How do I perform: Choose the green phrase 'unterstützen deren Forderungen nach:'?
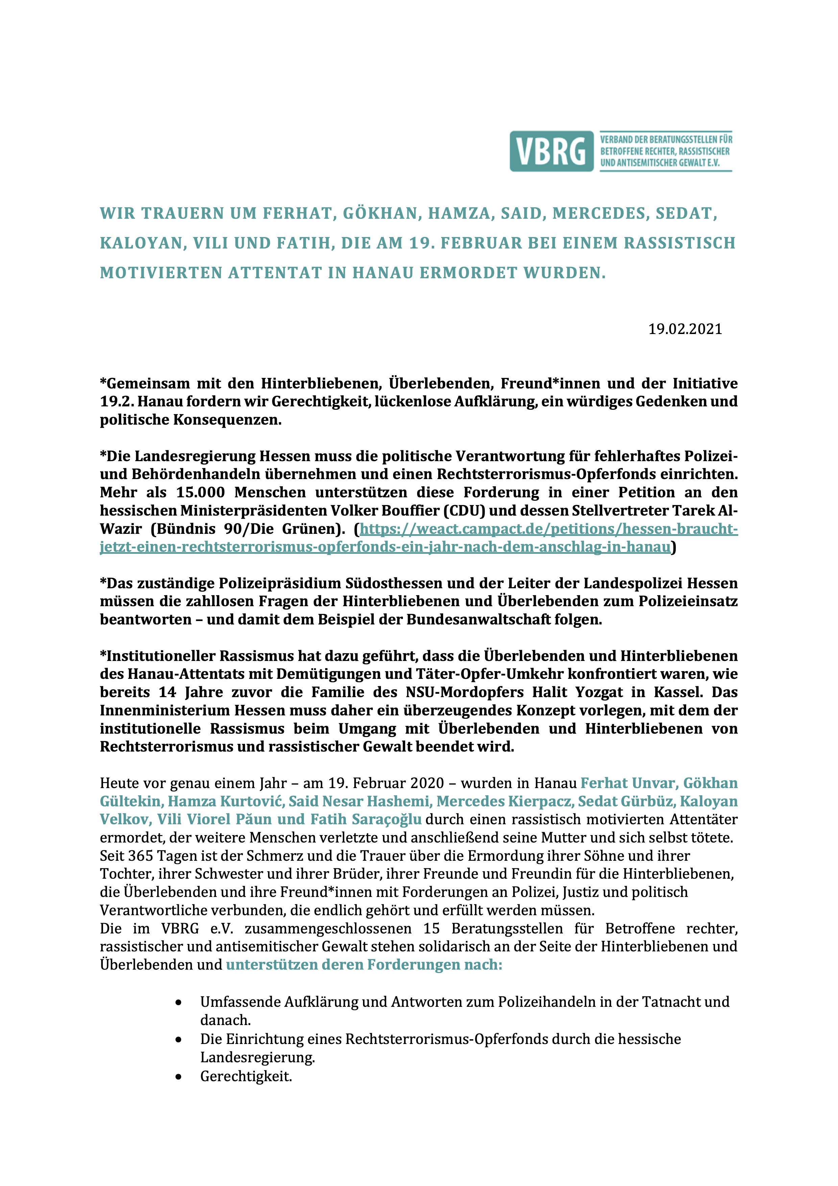[364, 965]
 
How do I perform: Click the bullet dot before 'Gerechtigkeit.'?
[178, 1077]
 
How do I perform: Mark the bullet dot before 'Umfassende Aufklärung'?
[178, 1003]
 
